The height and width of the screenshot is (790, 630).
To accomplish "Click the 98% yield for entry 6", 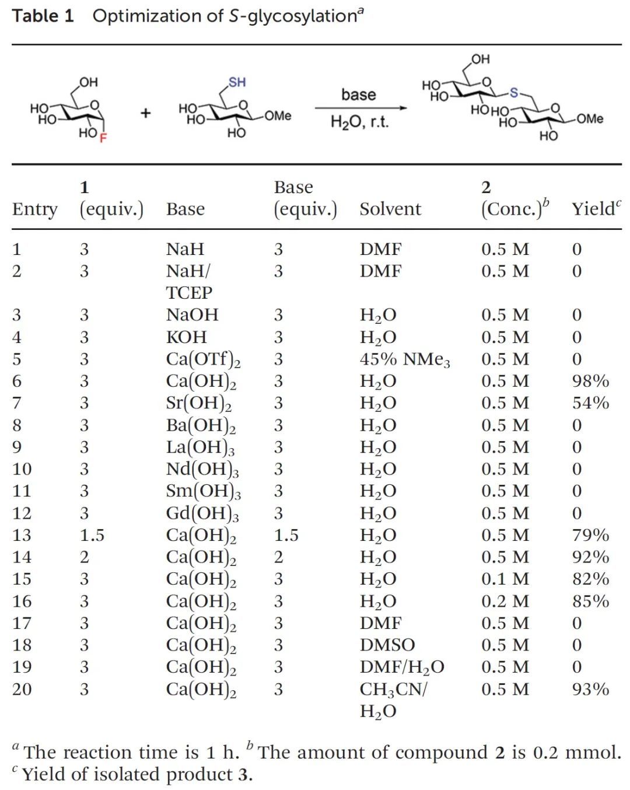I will coord(590,381).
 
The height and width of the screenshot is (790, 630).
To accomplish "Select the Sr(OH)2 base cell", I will coord(198,403).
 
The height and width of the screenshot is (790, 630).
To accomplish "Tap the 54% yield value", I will coord(590,403).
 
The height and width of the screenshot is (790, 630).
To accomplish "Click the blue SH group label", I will coord(237,82).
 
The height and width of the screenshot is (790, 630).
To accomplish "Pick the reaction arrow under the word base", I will coord(360,108).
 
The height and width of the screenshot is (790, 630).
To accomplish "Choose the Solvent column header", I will coord(390,209).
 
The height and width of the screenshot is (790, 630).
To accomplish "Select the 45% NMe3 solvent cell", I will coord(405,359).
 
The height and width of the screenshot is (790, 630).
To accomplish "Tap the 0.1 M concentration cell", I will coord(505,579).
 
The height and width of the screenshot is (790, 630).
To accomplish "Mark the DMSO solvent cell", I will coord(387,645).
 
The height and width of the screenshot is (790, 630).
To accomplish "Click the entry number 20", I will coord(22,689).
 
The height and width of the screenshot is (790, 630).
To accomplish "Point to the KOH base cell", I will coord(186,337).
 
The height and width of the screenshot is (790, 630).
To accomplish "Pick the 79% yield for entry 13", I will coord(590,535).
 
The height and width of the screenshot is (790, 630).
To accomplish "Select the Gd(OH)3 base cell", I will coord(202,513).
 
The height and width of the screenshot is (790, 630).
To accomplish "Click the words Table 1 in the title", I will coord(43,16).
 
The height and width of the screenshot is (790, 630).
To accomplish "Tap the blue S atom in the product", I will coord(513,92).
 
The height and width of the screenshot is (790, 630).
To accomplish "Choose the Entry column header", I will coord(34,209).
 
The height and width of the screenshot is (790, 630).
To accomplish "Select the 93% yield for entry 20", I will coord(590,689).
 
